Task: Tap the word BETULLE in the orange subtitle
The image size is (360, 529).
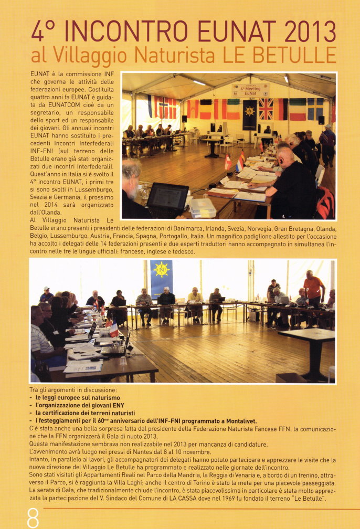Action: (x=303, y=55)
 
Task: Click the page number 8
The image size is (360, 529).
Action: (x=33, y=517)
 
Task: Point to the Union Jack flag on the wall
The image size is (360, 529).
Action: (x=266, y=109)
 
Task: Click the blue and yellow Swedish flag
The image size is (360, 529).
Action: (x=315, y=108)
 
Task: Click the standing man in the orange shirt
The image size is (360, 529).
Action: (x=313, y=290)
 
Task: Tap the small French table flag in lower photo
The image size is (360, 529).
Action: (x=113, y=330)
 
